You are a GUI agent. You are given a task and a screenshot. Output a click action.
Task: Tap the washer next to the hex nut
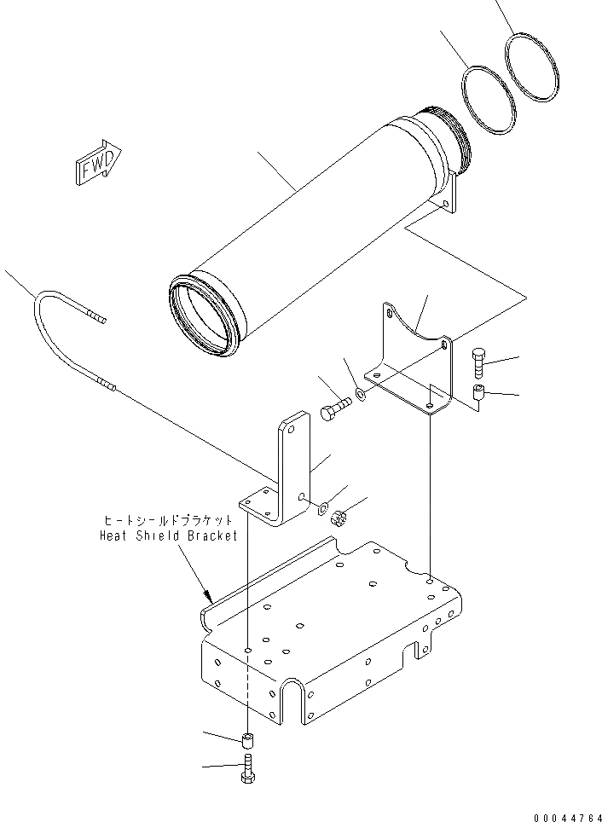323,510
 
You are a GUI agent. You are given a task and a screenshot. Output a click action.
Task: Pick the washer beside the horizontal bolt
362,395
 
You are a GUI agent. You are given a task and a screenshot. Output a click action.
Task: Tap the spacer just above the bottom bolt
246,738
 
